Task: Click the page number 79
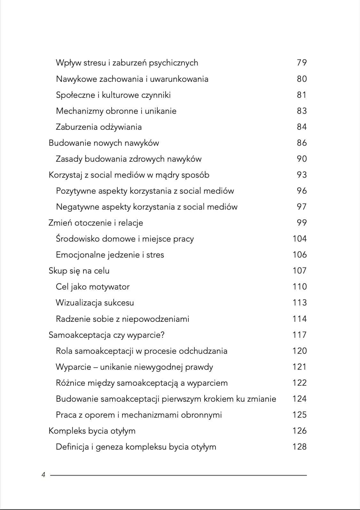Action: coord(301,63)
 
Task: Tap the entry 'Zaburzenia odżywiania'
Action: coord(98,127)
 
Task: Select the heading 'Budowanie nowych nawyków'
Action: coord(104,143)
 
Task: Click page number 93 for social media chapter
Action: coord(301,175)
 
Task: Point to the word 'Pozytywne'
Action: coord(76,191)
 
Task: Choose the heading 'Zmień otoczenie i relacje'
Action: coord(96,223)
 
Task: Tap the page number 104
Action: coord(300,239)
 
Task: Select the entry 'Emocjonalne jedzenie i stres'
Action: coord(110,255)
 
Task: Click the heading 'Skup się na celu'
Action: coord(79,271)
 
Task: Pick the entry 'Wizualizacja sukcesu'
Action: coord(95,303)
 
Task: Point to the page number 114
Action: coord(300,319)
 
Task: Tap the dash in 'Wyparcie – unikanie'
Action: coord(95,367)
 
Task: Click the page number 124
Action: coord(300,399)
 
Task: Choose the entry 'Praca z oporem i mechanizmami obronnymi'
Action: coord(138,415)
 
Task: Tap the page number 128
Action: coord(300,447)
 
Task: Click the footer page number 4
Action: coord(43,475)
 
